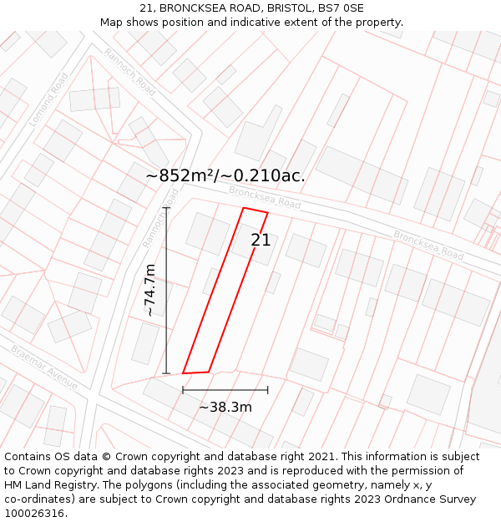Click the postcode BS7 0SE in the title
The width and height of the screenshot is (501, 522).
coord(341,8)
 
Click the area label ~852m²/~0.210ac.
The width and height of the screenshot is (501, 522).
coord(225,175)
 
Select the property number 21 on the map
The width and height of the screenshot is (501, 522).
coord(261,241)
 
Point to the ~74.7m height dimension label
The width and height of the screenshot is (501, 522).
coord(149,290)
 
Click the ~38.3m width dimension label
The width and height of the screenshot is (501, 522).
coord(225,408)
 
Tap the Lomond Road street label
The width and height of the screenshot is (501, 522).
coord(48,99)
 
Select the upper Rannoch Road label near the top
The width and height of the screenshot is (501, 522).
coord(130,71)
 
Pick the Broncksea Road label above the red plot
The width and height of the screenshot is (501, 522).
coord(265,198)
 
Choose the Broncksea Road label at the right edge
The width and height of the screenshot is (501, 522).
coord(428,244)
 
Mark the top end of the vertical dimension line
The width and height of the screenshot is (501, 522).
coord(166,208)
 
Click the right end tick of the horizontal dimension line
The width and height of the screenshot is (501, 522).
coord(268,389)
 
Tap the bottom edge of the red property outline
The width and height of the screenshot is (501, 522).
coord(195,372)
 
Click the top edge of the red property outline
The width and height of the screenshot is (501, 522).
coord(255,210)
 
